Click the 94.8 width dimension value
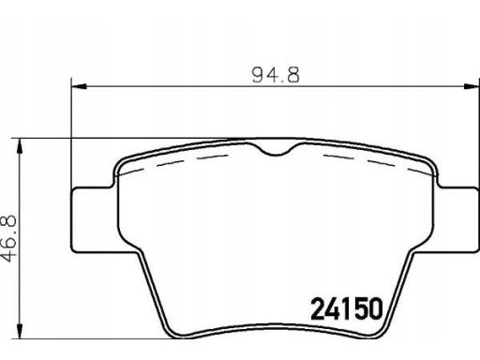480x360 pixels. coord(276,75)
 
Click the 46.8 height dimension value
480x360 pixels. coord(8,238)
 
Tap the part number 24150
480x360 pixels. coord(347,308)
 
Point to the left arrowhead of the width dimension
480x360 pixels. coord(79,86)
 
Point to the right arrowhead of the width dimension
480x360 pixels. coord(471,86)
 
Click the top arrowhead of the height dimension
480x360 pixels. coord(20,145)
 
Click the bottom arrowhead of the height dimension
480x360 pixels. coord(20,331)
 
